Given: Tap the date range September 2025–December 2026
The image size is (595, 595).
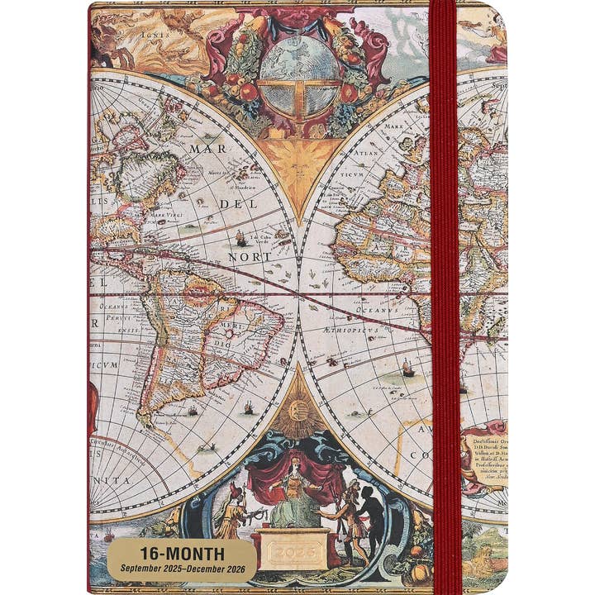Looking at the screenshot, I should [x=181, y=569].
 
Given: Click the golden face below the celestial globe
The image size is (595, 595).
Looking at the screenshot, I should [x=299, y=161].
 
